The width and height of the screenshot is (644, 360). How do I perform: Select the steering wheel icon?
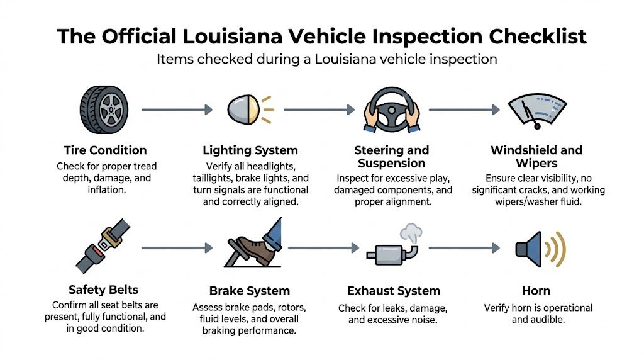pyautogui.click(x=391, y=110)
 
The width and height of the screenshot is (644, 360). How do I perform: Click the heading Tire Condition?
pyautogui.click(x=105, y=150)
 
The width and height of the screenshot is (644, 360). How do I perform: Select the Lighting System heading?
pyautogui.click(x=250, y=150)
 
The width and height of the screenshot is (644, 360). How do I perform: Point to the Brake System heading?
pyautogui.click(x=250, y=291)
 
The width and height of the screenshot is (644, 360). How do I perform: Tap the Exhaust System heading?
pyautogui.click(x=394, y=291)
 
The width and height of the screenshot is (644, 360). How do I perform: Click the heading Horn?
pyautogui.click(x=536, y=291)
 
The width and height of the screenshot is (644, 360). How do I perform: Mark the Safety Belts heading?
pyautogui.click(x=103, y=290)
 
